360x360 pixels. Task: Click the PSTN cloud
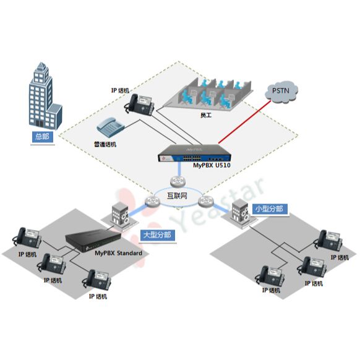pos(281,91)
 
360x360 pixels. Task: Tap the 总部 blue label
pos(42,137)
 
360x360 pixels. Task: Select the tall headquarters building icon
pos(45,95)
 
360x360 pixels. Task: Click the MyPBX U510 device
pos(194,153)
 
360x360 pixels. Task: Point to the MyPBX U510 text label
pos(212,165)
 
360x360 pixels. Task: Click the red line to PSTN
pos(245,122)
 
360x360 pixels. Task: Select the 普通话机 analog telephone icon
pos(111,127)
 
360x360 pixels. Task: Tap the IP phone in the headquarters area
pos(139,105)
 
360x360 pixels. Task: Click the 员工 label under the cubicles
pos(206,115)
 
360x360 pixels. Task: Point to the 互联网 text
pos(177,196)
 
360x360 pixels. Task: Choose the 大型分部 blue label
pos(157,235)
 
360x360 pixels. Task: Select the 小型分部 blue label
pos(269,209)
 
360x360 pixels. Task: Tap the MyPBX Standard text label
pos(119,253)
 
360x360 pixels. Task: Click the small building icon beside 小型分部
pos(241,212)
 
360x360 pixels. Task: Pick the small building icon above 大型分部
pos(120,214)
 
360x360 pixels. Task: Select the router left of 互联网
pos(152,202)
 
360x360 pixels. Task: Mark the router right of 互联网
pos(205,202)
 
